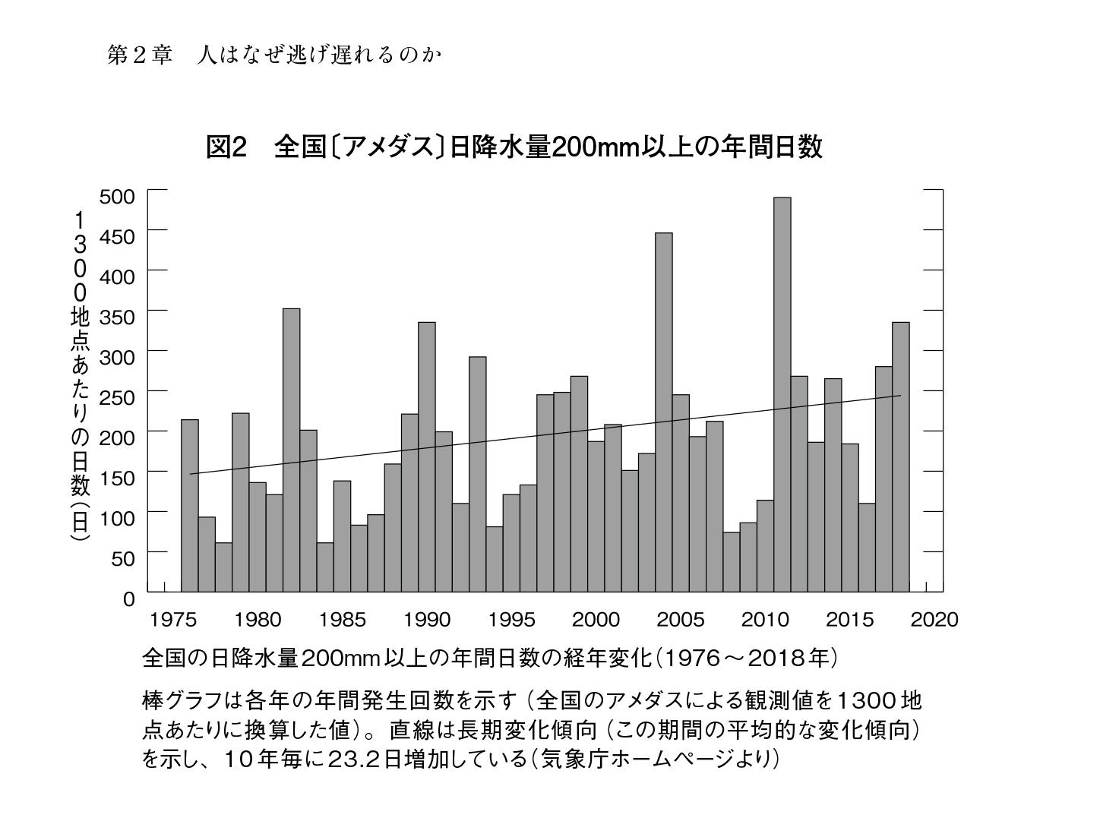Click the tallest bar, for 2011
(782, 394)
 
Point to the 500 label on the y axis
(117, 197)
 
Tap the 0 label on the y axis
(128, 599)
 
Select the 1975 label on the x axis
(173, 620)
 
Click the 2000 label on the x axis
(596, 620)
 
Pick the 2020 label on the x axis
(934, 620)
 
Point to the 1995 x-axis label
(511, 620)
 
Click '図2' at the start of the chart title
(226, 147)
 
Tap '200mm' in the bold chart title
(592, 147)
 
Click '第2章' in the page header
(140, 55)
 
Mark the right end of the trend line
(900, 396)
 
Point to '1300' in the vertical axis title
(80, 256)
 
